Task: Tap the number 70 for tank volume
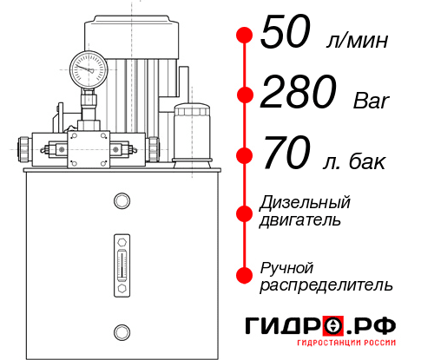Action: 282,156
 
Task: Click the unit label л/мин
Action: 355,40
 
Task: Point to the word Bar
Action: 371,101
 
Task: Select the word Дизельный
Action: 306,203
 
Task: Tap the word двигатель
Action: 300,220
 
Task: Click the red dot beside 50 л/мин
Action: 245,36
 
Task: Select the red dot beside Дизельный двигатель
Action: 245,213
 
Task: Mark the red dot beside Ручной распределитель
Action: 245,275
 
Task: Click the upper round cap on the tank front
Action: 122,202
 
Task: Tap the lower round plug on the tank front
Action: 122,330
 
